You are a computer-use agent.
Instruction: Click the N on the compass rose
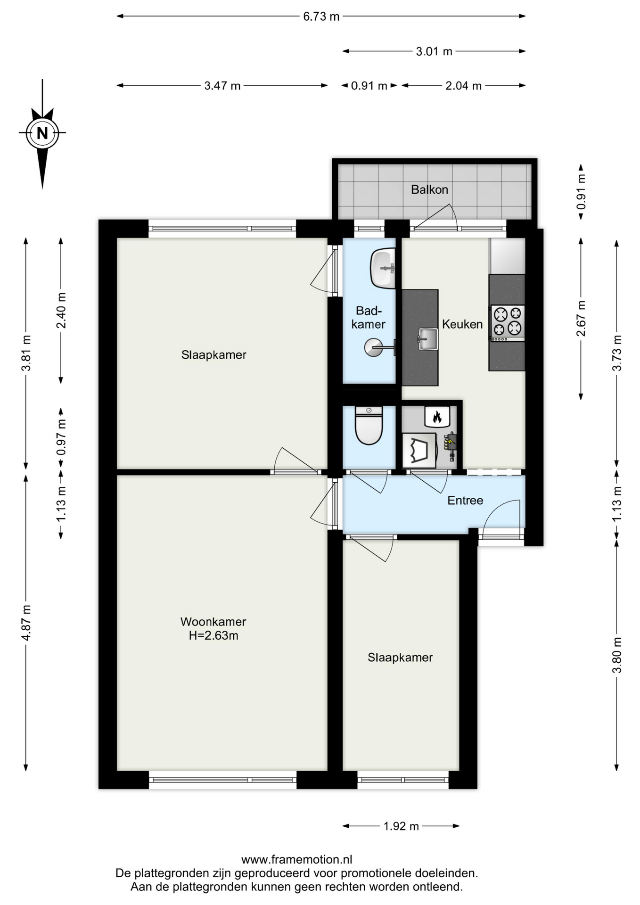(x=42, y=133)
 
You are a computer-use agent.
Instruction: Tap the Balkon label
(x=429, y=189)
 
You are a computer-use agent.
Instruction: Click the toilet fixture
(x=369, y=426)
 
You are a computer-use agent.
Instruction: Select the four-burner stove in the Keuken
(x=508, y=323)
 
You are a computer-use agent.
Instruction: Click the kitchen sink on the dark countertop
(x=427, y=339)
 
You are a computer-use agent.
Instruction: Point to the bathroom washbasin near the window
(x=383, y=268)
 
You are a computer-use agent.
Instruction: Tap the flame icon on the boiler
(x=437, y=417)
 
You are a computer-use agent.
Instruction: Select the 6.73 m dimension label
(x=321, y=16)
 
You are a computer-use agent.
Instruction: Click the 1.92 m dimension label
(x=401, y=826)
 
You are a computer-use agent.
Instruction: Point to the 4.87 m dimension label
(x=26, y=622)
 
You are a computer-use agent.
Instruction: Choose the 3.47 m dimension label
(x=222, y=86)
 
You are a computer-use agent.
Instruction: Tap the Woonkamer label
(x=213, y=622)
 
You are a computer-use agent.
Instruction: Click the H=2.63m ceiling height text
(x=213, y=635)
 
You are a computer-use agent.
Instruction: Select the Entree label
(x=465, y=501)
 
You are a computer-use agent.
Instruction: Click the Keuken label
(x=462, y=324)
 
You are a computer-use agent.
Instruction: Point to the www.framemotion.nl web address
(x=297, y=859)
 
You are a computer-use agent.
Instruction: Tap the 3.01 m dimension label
(x=434, y=51)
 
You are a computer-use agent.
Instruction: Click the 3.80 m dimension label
(x=617, y=655)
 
